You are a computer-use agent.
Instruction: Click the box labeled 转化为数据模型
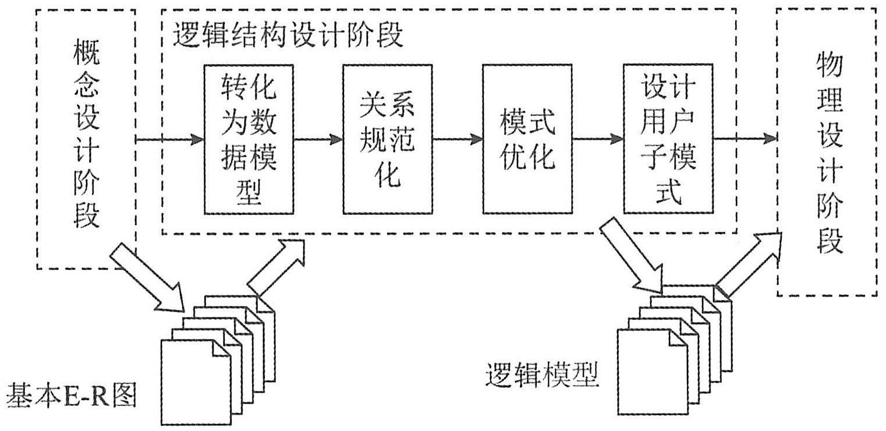coord(249,139)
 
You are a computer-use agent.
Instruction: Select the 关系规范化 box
coord(388,139)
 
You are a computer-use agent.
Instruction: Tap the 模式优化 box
coord(527,139)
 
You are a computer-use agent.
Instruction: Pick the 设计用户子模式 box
coord(668,139)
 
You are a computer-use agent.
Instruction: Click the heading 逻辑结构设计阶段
coord(288,36)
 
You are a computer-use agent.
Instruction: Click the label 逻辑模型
coord(541,377)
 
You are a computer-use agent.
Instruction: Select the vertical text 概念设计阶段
coord(87,137)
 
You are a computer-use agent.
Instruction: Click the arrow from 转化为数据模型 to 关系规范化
coord(318,139)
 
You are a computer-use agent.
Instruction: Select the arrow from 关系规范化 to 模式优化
coord(458,139)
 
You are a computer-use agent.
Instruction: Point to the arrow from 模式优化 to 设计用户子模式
coord(597,139)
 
